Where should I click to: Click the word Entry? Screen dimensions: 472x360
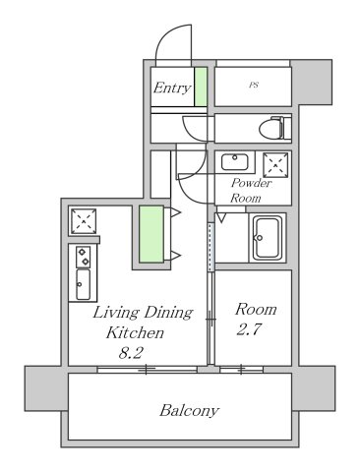point(170,88)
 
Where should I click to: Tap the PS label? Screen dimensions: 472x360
point(254,86)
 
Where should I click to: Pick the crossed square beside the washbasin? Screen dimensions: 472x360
point(274,164)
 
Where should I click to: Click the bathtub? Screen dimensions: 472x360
point(268,238)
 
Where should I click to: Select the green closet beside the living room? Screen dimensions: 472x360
point(150,235)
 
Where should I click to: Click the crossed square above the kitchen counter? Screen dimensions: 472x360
point(83,221)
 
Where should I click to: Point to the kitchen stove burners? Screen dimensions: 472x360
point(83,258)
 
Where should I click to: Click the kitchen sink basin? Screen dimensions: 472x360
point(83,286)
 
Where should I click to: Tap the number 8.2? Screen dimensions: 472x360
point(130,353)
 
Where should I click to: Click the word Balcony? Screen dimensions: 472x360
point(189,410)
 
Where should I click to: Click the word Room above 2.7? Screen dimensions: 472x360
point(255,309)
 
